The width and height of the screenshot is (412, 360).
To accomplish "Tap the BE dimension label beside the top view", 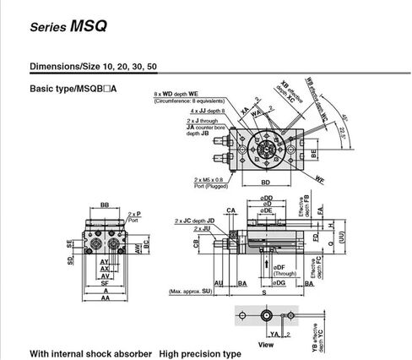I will [x=314, y=155].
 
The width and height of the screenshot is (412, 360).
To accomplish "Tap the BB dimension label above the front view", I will [x=105, y=205].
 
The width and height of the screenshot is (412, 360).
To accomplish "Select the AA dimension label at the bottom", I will [x=106, y=298].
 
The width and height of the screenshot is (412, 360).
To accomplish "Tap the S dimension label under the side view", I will [x=264, y=292].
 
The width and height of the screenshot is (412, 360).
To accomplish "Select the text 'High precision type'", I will [x=200, y=353].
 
